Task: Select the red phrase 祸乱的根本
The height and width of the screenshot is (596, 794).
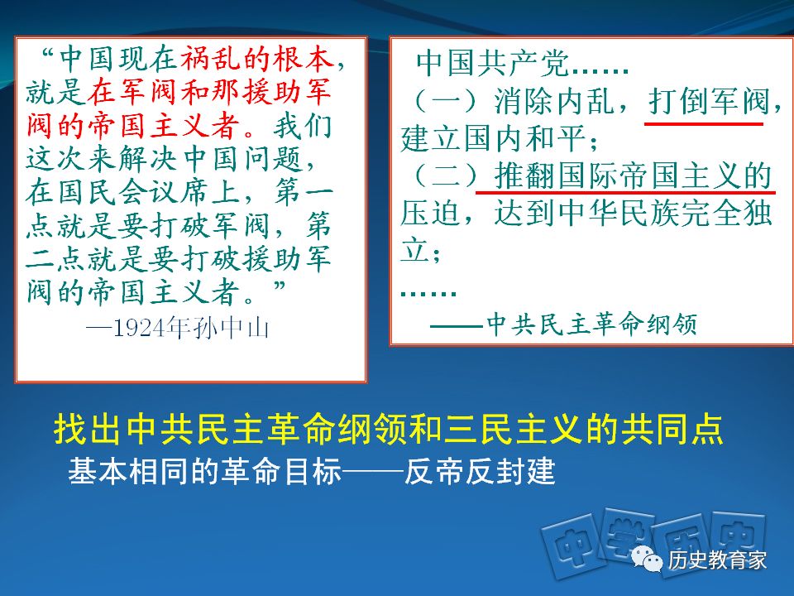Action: coord(257,60)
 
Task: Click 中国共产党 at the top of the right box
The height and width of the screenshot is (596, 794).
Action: coord(492,64)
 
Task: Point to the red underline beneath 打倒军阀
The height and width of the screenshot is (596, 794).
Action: coord(703,123)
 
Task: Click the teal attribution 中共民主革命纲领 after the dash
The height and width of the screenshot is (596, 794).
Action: coord(591,324)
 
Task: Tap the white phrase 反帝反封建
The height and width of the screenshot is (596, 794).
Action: coord(480,471)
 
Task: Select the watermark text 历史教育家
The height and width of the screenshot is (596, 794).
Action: coord(717,560)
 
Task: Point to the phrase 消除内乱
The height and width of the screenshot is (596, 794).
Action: coord(554,101)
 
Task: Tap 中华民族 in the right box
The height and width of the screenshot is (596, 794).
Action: coord(619,213)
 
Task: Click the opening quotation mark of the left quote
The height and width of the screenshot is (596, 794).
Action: coord(48,53)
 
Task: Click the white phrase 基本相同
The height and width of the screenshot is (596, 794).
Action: coord(129,471)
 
